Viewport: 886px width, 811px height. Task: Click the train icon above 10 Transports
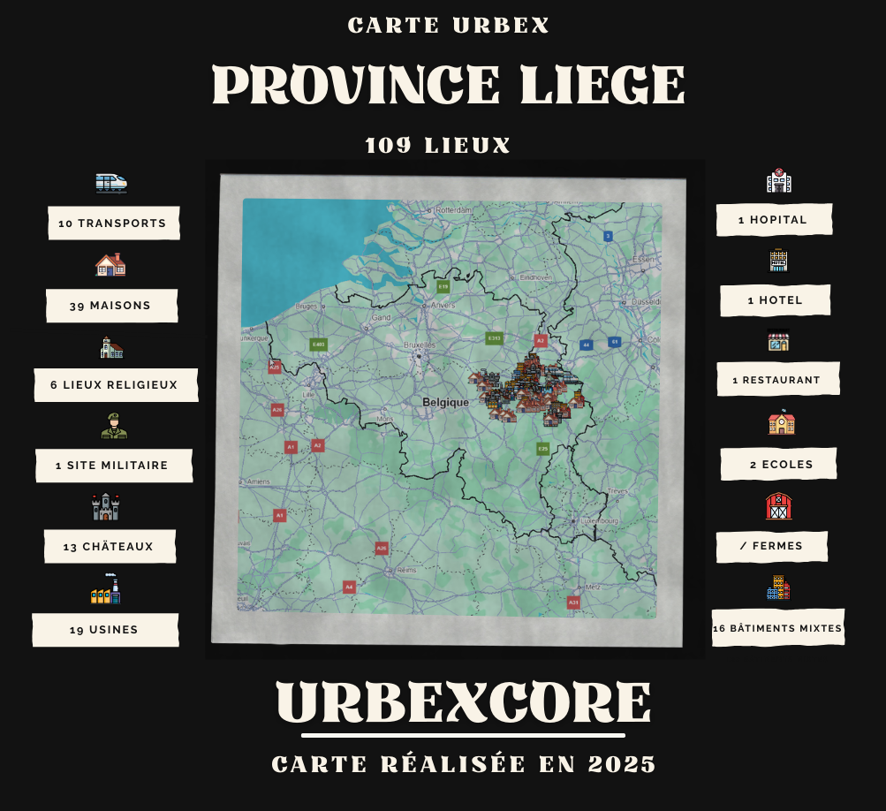tap(111, 183)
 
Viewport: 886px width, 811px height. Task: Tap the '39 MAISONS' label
tap(110, 306)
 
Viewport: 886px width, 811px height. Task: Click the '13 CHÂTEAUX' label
tap(109, 547)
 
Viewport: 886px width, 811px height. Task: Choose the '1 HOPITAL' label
tap(773, 220)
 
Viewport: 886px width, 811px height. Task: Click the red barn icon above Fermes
tap(778, 506)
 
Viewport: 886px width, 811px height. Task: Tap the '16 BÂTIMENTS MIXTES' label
tap(777, 629)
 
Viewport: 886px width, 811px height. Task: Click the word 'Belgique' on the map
tap(445, 402)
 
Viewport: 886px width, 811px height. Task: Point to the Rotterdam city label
tap(454, 210)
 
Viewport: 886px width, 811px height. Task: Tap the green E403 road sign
tap(318, 344)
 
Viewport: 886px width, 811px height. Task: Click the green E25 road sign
tap(542, 449)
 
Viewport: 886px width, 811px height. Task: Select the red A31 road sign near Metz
tap(572, 602)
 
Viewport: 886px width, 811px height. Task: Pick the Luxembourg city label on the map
tap(600, 520)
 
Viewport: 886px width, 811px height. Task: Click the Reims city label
tap(406, 570)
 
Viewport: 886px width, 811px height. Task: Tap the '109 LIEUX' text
tap(438, 146)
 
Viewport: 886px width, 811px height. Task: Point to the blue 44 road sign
tap(585, 345)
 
